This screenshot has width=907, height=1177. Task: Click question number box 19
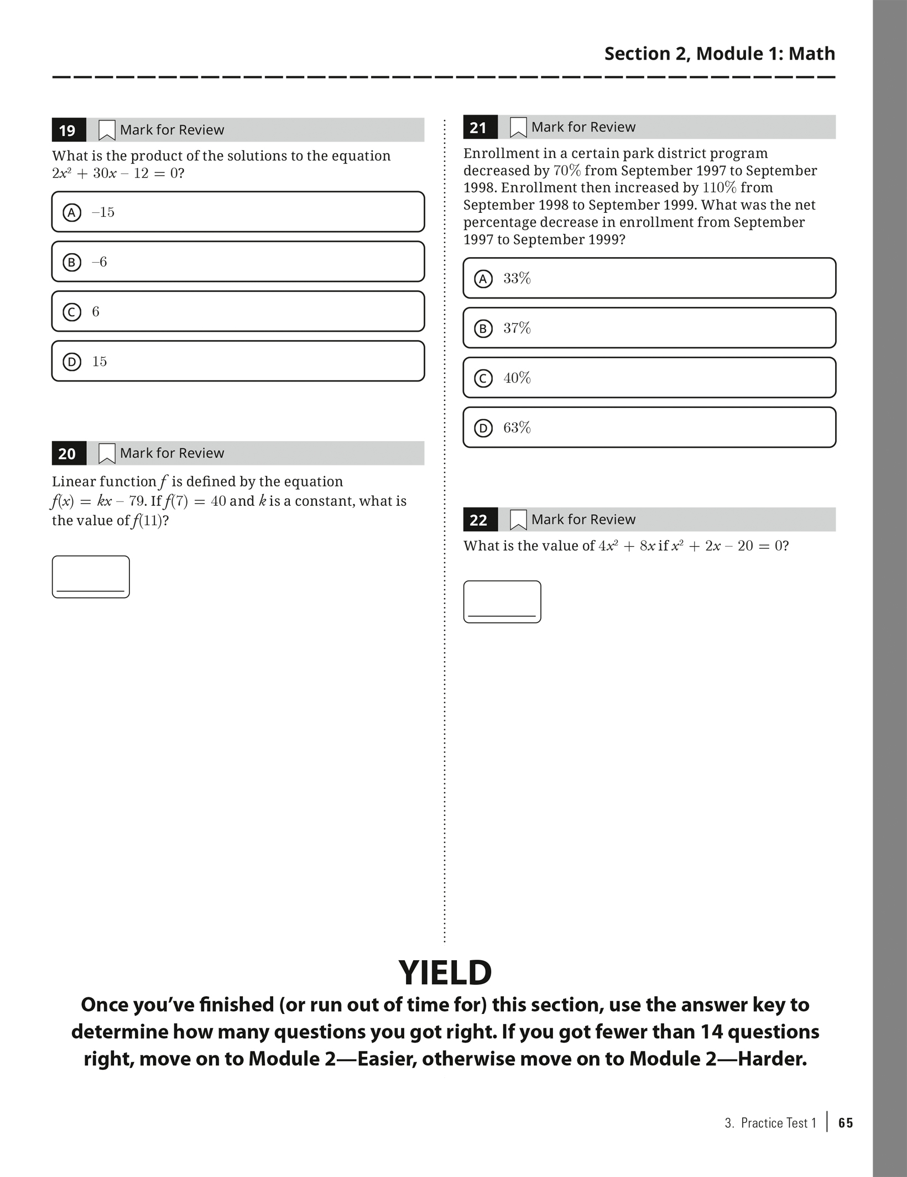(68, 130)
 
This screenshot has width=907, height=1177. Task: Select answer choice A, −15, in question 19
(238, 212)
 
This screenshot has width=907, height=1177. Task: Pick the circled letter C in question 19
(72, 312)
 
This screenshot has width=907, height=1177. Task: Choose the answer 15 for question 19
(238, 361)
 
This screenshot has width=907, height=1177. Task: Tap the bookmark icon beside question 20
(106, 453)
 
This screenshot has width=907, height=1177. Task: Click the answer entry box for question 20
(91, 577)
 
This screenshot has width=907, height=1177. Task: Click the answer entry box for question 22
(502, 601)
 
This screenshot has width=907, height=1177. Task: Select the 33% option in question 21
(649, 278)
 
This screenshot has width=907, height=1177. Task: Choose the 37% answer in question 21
(649, 328)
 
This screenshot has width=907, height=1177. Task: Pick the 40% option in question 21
(649, 378)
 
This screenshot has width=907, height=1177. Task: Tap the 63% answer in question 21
(649, 427)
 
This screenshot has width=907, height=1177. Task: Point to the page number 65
(846, 1123)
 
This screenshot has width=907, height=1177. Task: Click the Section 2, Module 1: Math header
(719, 54)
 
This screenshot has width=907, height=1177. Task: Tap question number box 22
(479, 520)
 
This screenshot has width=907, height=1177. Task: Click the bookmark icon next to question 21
(518, 127)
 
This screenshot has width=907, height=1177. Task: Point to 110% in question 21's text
(719, 187)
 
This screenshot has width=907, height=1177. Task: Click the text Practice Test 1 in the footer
(778, 1123)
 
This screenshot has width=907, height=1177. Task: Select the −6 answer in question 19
(238, 261)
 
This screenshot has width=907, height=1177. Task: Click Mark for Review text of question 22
(583, 520)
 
